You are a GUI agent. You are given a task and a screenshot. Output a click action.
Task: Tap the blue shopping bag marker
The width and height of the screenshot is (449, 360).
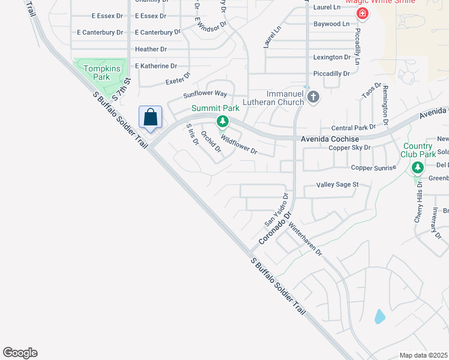point(150,117)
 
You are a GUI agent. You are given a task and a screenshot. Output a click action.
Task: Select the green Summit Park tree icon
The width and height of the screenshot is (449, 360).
point(223,122)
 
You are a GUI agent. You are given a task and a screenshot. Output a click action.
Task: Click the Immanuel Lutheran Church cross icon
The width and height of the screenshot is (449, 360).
point(312,97)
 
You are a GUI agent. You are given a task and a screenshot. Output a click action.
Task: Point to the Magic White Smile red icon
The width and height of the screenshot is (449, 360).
point(362,13)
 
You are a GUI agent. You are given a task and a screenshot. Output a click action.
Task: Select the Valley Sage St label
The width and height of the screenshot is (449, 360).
point(338,185)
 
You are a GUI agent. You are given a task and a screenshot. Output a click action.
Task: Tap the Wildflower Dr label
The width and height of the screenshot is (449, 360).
point(239,145)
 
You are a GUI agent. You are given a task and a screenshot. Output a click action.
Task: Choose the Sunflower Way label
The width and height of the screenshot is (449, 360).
point(205,94)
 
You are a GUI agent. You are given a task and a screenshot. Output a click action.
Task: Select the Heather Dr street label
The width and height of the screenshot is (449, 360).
point(151,49)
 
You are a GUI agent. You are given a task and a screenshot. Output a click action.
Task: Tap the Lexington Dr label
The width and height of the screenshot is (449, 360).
point(332,58)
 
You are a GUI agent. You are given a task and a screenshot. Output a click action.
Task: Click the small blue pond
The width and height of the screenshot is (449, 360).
point(379,316)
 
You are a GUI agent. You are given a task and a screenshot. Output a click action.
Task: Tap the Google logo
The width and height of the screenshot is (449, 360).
point(20,353)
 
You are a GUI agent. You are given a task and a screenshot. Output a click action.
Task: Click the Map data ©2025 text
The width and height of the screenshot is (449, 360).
point(423,355)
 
